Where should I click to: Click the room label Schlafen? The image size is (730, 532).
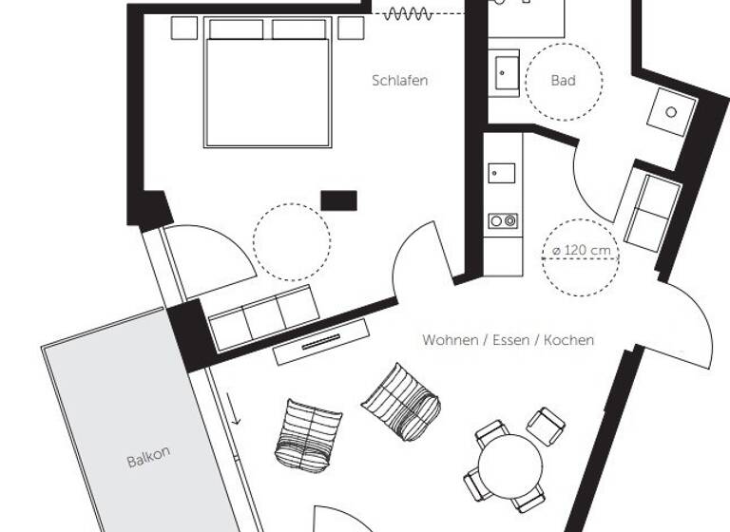[x=399, y=81]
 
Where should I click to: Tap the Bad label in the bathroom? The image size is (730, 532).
[x=563, y=81]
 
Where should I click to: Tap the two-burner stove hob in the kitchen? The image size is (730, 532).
[x=503, y=221]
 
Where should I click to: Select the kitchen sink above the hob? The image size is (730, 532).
[x=501, y=174]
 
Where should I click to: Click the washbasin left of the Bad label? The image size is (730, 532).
[x=506, y=73]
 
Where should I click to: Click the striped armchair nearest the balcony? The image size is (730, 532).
[x=309, y=433]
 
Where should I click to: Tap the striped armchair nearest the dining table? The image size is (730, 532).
[x=402, y=402]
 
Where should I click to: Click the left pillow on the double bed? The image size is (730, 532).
[x=236, y=29]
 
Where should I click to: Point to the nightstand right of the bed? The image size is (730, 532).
[x=351, y=28]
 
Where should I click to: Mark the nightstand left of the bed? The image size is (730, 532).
[x=184, y=28]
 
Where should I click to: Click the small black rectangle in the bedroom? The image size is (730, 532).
[x=338, y=199]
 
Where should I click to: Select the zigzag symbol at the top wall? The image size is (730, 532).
[x=407, y=13]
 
